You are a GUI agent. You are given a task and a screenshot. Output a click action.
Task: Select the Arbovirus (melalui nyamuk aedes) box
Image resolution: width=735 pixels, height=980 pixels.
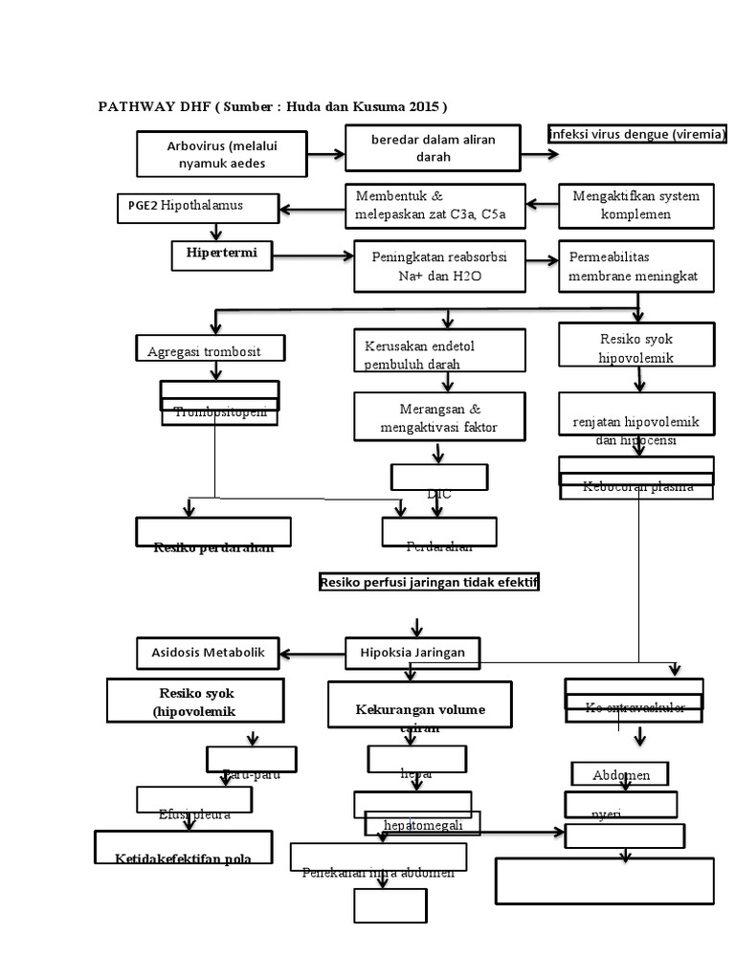coord(222,154)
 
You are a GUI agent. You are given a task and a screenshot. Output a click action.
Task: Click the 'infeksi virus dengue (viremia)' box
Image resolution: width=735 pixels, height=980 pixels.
coord(637,134)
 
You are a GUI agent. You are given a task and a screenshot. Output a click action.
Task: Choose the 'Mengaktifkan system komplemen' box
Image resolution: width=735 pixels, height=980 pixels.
coord(635,205)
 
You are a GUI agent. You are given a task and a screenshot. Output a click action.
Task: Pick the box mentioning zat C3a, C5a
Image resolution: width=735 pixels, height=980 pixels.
coord(434,206)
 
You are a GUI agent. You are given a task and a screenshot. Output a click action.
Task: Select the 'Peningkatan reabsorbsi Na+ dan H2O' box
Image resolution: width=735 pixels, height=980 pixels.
coord(439,266)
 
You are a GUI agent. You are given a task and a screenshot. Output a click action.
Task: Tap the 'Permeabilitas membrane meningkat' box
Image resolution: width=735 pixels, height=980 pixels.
coord(635,267)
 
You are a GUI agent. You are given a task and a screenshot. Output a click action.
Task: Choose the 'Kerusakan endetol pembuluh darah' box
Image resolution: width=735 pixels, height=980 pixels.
coord(439,351)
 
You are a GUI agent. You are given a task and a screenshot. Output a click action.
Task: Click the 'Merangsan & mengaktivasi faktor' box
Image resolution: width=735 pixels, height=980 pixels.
coord(439,417)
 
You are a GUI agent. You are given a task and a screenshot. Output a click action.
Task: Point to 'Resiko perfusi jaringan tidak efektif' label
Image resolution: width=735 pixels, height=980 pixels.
coord(429,582)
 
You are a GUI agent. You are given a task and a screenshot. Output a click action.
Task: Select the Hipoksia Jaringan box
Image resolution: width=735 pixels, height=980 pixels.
coord(413,653)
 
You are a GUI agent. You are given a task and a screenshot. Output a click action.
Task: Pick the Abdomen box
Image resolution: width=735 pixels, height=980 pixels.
coord(619,774)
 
